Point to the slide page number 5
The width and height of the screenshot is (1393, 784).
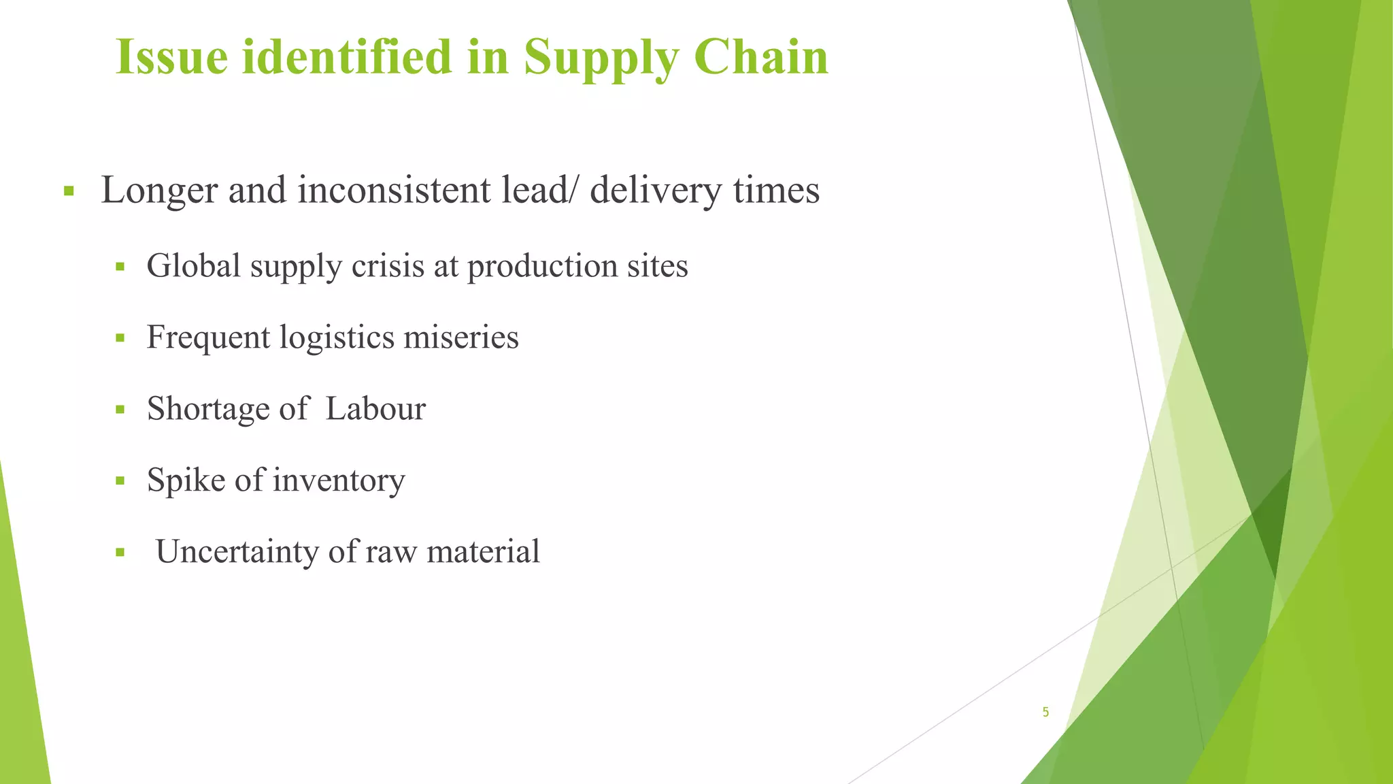point(1045,713)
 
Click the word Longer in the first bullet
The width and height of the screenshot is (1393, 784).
point(159,191)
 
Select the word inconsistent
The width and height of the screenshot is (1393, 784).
point(395,191)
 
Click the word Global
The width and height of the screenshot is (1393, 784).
point(194,265)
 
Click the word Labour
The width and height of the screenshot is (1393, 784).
point(375,408)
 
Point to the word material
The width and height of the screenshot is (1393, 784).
point(483,551)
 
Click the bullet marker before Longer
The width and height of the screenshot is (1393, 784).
point(68,191)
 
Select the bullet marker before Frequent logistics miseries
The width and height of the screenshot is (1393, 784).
point(120,338)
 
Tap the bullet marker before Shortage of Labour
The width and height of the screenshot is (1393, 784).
point(120,409)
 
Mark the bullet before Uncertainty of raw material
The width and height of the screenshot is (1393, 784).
point(120,552)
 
